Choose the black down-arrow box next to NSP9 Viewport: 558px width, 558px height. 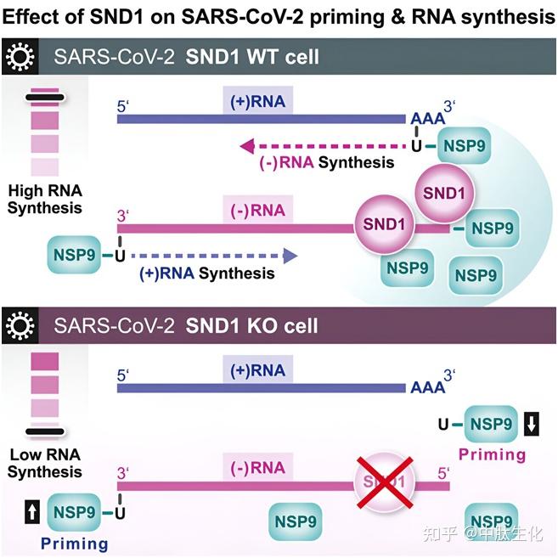click(532, 423)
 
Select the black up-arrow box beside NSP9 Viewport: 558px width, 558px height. click(29, 512)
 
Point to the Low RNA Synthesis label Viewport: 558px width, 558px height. click(45, 463)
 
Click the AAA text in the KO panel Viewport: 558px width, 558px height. click(426, 387)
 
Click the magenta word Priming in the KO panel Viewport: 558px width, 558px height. click(492, 454)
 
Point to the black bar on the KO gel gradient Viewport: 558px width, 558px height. click(45, 431)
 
